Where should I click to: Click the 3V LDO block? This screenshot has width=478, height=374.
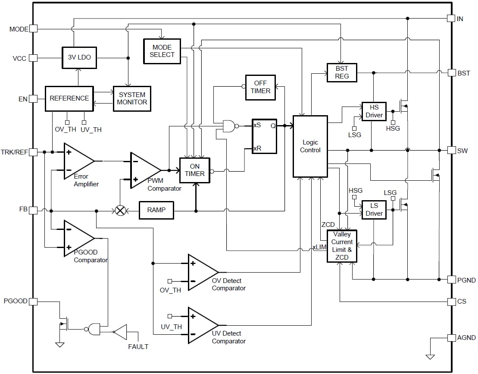pyautogui.click(x=79, y=57)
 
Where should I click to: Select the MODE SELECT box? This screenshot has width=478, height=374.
pyautogui.click(x=162, y=51)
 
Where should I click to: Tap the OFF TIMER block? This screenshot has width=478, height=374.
pyautogui.click(x=260, y=87)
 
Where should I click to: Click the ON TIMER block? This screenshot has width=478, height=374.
pyautogui.click(x=194, y=170)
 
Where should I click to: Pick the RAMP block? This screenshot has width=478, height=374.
pyautogui.click(x=156, y=210)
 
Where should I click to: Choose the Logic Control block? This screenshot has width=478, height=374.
pyautogui.click(x=310, y=146)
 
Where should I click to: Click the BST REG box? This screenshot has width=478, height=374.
pyautogui.click(x=341, y=72)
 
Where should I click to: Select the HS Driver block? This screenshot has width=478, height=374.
pyautogui.click(x=374, y=111)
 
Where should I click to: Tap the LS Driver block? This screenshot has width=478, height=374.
pyautogui.click(x=374, y=210)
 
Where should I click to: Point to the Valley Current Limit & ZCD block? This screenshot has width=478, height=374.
pyautogui.click(x=342, y=246)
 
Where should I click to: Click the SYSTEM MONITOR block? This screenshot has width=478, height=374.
pyautogui.click(x=132, y=98)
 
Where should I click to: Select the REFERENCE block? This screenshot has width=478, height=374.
pyautogui.click(x=69, y=98)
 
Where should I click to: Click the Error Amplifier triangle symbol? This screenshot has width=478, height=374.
pyautogui.click(x=78, y=161)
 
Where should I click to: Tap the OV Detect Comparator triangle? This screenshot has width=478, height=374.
pyautogui.click(x=202, y=272)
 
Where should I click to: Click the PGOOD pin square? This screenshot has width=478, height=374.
pyautogui.click(x=33, y=301)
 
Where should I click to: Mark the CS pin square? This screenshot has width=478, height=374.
pyautogui.click(x=451, y=301)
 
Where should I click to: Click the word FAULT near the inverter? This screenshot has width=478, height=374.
pyautogui.click(x=138, y=346)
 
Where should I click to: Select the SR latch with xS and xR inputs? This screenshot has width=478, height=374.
pyautogui.click(x=264, y=136)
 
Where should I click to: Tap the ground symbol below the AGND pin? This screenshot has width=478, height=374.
pyautogui.click(x=430, y=356)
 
